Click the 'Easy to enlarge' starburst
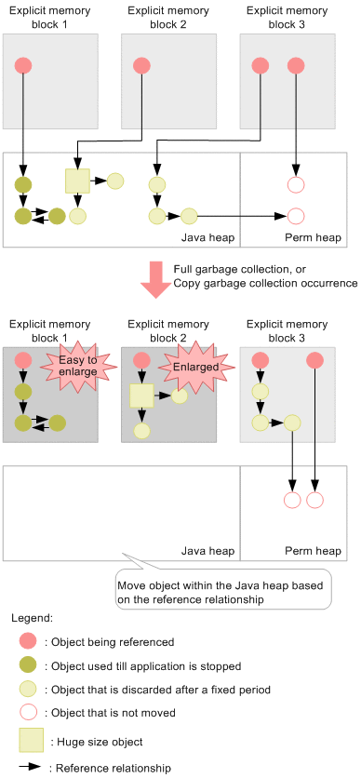pos(79,366)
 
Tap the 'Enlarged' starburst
pos(196,369)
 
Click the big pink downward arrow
pos(156,280)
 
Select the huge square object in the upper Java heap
pos(77,181)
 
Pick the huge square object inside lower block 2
pos(142,396)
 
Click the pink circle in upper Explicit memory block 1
pos(23,65)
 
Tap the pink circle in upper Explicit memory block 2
pos(142,65)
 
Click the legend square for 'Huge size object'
pos(31,741)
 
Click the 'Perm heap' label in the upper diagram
pos(313,238)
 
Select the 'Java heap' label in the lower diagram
pos(207,551)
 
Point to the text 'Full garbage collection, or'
pos(240,270)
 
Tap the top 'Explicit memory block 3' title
pos(287,18)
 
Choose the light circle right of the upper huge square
pos(115,181)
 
